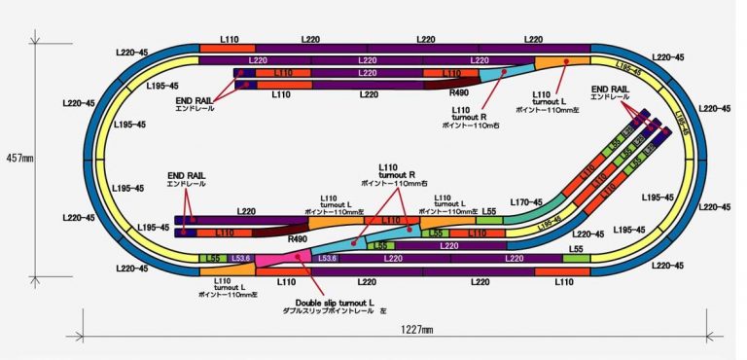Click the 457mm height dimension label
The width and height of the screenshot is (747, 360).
19,157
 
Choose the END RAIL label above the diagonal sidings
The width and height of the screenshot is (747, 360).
610,90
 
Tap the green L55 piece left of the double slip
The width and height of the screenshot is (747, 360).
209,258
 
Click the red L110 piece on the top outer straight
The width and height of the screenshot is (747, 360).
227,47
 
